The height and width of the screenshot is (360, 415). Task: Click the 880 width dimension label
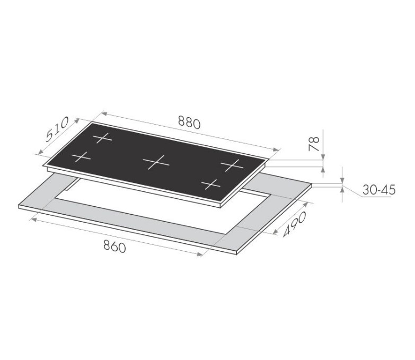[x=189, y=122]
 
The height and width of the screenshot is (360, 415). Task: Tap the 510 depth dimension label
[x=57, y=129]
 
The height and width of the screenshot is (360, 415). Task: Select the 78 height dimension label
[x=314, y=144]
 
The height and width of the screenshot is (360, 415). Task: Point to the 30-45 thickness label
[x=379, y=190]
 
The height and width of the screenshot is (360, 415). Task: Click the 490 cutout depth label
[x=294, y=224]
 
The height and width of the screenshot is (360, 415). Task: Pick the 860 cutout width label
[x=114, y=247]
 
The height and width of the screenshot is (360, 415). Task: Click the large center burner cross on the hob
[x=156, y=162]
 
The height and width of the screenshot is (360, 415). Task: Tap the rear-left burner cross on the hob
[x=102, y=138]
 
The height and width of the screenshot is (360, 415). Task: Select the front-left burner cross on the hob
[x=81, y=157]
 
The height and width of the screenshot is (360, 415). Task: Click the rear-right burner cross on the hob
[x=232, y=165]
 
